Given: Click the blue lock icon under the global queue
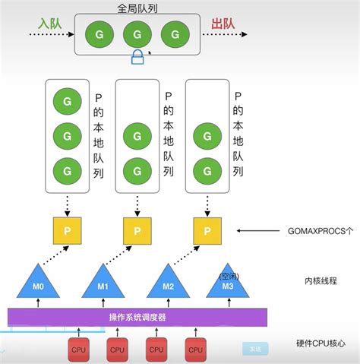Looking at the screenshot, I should pos(138,58).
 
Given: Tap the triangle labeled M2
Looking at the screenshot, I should pos(167,283).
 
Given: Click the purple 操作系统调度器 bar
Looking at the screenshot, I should pos(137,317).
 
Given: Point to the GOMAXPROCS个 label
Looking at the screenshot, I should pos(320,229).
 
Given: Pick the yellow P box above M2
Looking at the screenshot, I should pos(203,229).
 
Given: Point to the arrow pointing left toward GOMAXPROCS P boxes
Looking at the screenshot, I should pos(257,229).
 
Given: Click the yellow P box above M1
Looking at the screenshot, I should pos(136,229).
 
